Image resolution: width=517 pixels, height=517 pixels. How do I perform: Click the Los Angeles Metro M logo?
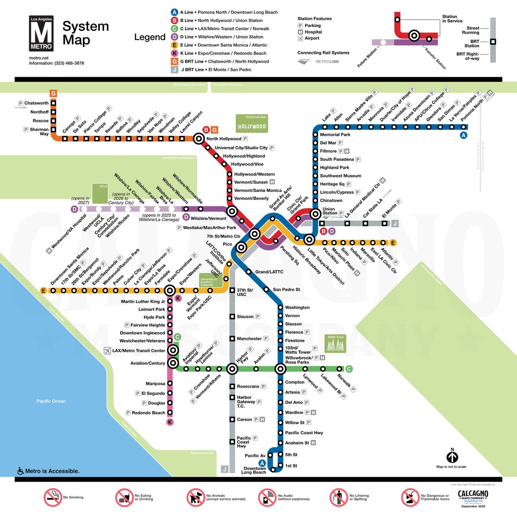click(41, 33)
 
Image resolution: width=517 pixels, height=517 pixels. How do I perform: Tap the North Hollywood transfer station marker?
click(199, 139)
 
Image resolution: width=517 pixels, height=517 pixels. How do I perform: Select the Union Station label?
click(329, 211)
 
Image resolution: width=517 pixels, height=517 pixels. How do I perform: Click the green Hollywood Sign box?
click(252, 124)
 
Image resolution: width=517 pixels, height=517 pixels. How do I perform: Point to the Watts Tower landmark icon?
click(336, 344)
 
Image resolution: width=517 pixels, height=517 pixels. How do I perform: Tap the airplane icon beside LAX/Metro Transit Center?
click(108, 351)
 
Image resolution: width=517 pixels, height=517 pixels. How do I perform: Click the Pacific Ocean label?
click(51, 401)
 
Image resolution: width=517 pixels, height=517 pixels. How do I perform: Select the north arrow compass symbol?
click(452, 457)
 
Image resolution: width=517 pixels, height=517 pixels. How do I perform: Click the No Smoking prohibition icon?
click(53, 498)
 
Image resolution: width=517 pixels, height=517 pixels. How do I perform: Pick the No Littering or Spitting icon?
click(339, 498)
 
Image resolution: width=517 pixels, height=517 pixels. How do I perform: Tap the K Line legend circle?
click(174, 53)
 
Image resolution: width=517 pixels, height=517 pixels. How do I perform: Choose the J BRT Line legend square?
click(174, 69)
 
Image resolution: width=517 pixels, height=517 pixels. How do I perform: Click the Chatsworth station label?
click(36, 103)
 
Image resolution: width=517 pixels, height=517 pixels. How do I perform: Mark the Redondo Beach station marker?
click(170, 413)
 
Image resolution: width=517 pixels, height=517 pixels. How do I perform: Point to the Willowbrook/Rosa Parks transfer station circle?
click(280, 369)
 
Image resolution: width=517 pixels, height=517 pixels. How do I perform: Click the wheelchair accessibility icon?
click(20, 471)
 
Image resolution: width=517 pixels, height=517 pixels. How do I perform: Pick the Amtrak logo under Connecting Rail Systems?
click(304, 62)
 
